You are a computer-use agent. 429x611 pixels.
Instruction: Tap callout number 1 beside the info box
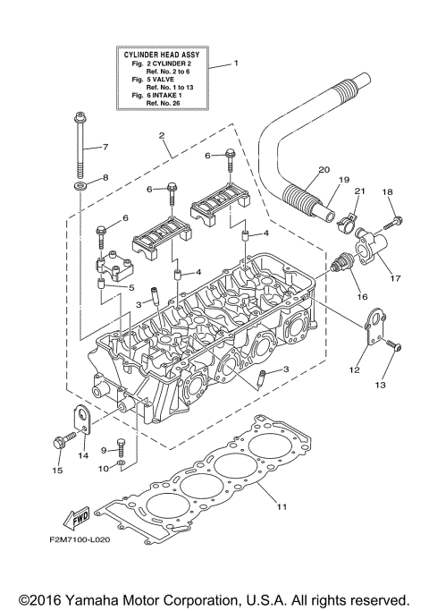point(236,64)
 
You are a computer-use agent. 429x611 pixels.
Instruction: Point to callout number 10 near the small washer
point(103,468)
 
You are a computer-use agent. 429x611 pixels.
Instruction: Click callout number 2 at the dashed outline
point(162,136)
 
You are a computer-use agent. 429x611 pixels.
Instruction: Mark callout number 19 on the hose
point(344,180)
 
